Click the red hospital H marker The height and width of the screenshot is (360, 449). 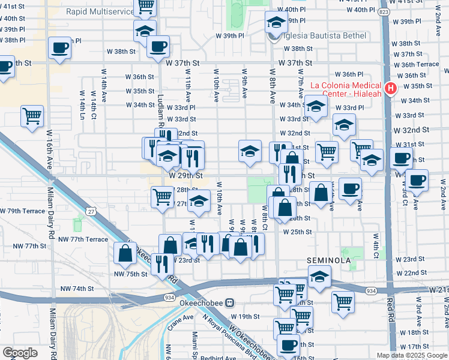pyautogui.click(x=391, y=89)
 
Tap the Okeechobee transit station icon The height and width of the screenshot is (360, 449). pyautogui.click(x=229, y=304)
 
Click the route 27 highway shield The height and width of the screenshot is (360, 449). pyautogui.click(x=91, y=211)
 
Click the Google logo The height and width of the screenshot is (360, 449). pyautogui.click(x=20, y=352)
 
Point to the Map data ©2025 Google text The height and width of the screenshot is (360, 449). pyautogui.click(x=411, y=355)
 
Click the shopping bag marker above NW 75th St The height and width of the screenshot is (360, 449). pyautogui.click(x=124, y=253)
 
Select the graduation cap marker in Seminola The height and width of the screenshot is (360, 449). pyautogui.click(x=319, y=277)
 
